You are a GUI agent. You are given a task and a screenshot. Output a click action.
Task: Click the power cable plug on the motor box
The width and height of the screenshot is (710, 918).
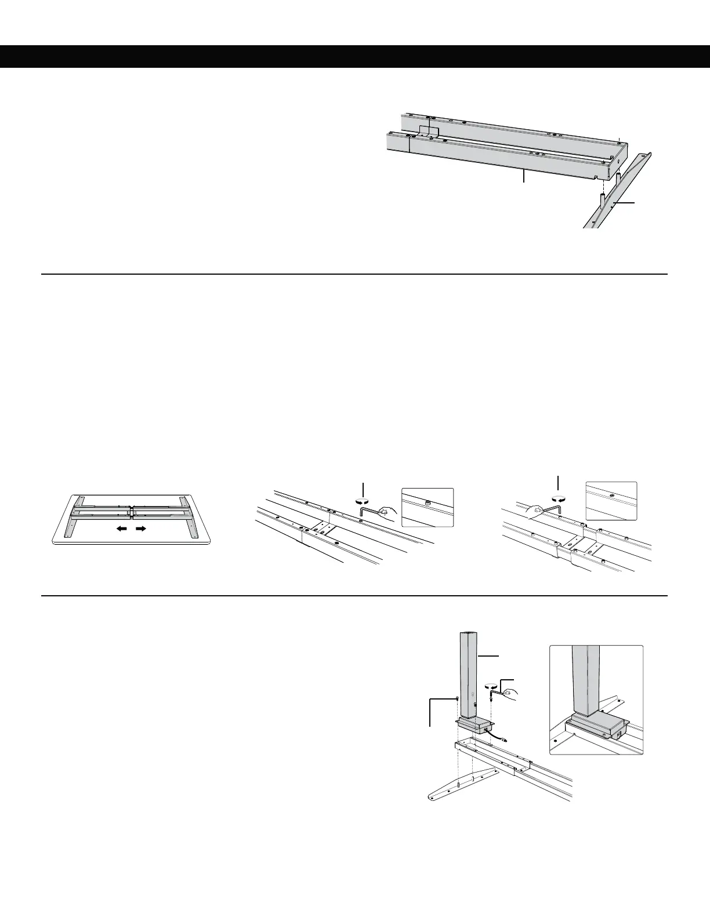click(506, 739)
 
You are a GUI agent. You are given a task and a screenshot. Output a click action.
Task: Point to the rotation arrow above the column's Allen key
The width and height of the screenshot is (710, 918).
click(492, 684)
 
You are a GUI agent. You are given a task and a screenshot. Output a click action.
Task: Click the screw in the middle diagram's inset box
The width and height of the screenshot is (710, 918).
click(428, 502)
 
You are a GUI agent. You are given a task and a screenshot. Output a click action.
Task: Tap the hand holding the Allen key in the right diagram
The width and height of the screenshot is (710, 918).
click(535, 511)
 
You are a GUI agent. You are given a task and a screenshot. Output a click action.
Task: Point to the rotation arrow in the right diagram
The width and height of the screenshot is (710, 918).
click(559, 497)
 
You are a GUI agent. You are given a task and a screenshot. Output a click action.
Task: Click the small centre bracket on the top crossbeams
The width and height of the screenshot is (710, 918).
click(427, 133)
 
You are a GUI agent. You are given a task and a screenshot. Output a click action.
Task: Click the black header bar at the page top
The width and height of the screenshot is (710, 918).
click(355, 56)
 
